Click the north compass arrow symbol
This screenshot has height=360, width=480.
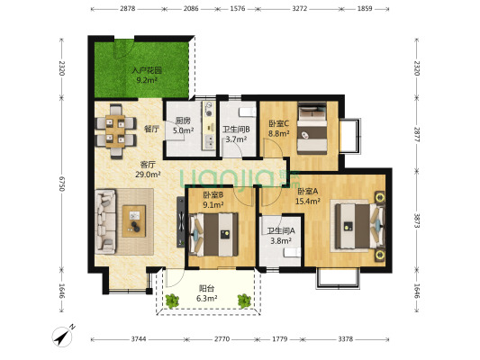pos(64,337)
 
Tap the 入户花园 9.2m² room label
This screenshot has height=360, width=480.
pos(146,76)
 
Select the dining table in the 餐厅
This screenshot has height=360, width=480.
pos(115,131)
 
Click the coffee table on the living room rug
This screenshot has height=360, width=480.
pos(134,220)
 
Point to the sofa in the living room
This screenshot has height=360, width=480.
pos(105,221)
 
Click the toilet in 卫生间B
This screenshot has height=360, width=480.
pos(248,112)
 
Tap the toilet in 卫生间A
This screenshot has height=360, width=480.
pos(293,252)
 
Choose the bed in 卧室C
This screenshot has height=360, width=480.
pos(312,128)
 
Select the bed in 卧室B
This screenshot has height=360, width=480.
pos(213,235)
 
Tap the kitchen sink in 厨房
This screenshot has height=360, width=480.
pos(209,142)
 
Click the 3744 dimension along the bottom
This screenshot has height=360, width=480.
pos(139,339)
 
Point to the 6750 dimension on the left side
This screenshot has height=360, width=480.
pos(61,184)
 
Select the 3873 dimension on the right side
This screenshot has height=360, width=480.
pos(417,220)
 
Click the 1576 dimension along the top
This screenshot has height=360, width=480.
pos(237,9)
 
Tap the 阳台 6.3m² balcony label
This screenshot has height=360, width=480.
pos(207,293)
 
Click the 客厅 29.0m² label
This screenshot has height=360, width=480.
pos(148,169)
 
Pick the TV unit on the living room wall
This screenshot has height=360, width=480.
pos(181,221)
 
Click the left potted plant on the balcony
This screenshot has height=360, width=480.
pos(172,301)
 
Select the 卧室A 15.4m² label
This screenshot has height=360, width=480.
pos(308,196)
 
